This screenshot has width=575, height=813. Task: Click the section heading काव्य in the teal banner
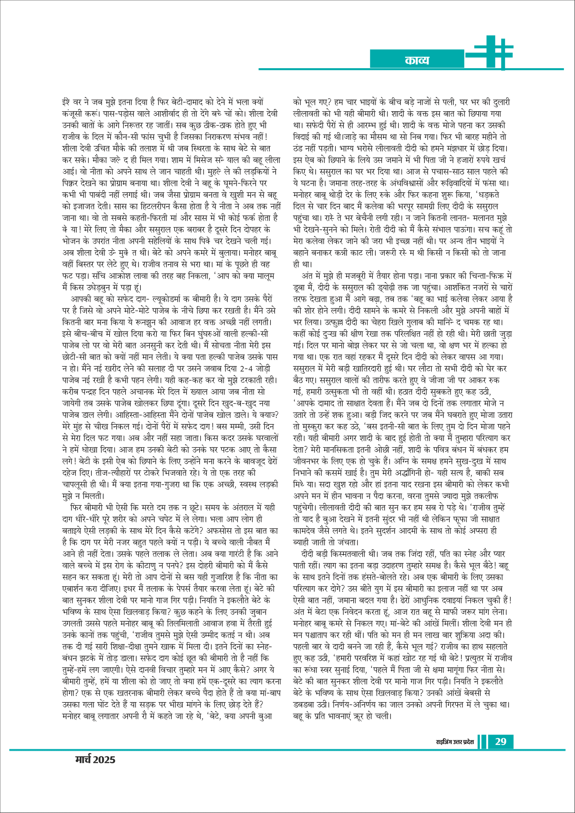417,60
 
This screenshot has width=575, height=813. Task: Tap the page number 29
500,741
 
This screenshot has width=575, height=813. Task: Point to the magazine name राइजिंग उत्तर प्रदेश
455,741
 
